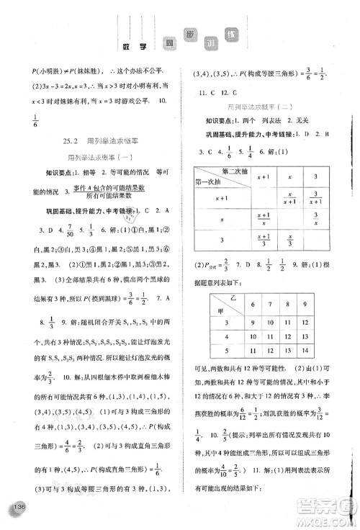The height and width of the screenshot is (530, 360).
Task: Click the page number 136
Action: pyautogui.click(x=19, y=508)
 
